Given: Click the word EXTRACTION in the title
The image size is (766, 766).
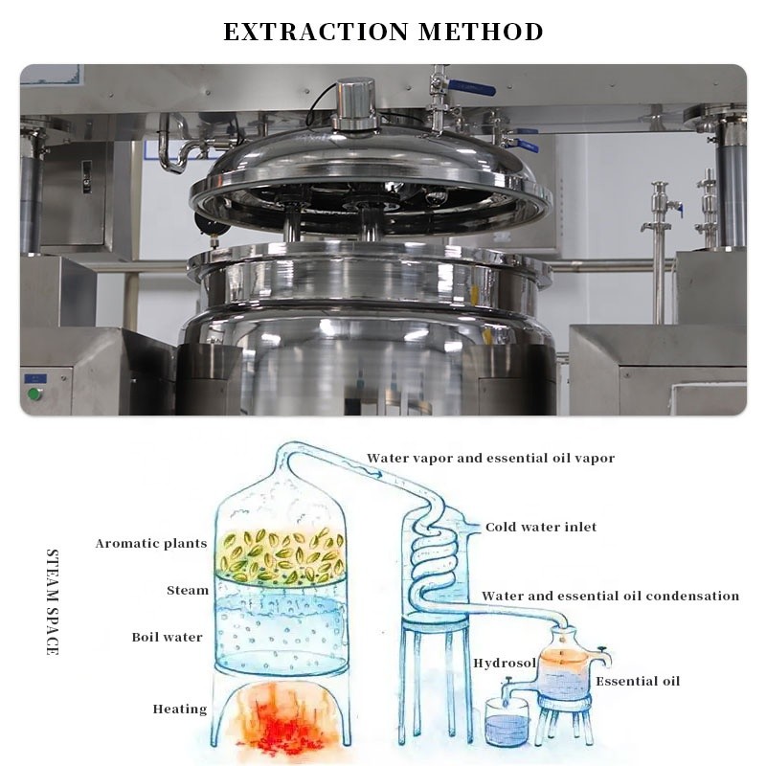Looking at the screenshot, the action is pyautogui.click(x=316, y=32).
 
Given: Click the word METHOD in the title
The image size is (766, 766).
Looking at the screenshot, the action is pyautogui.click(x=481, y=32).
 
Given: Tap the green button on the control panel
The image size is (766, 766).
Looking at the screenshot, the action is pyautogui.click(x=34, y=394).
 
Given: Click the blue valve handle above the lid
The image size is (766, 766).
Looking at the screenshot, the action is pyautogui.click(x=471, y=88).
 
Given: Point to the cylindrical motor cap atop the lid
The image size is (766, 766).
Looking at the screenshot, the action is pyautogui.click(x=355, y=104).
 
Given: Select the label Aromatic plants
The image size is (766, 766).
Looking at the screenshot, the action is pyautogui.click(x=151, y=543).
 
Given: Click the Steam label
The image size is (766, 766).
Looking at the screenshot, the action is pyautogui.click(x=188, y=590).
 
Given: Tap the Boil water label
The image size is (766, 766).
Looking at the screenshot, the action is pyautogui.click(x=167, y=637).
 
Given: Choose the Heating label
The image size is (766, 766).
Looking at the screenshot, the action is pyautogui.click(x=180, y=709).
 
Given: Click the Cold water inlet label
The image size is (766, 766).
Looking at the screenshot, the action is pyautogui.click(x=541, y=528).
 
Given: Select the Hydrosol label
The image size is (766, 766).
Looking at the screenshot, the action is pyautogui.click(x=505, y=663).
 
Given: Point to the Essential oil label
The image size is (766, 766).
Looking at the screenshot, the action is pyautogui.click(x=638, y=681).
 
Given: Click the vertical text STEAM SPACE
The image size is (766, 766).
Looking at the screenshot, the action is pyautogui.click(x=53, y=602).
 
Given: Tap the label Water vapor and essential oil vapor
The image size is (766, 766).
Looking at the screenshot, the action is pyautogui.click(x=490, y=459).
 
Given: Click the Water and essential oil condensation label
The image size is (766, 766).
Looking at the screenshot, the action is pyautogui.click(x=610, y=596).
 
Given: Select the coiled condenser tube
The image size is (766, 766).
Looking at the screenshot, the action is pyautogui.click(x=435, y=557).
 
